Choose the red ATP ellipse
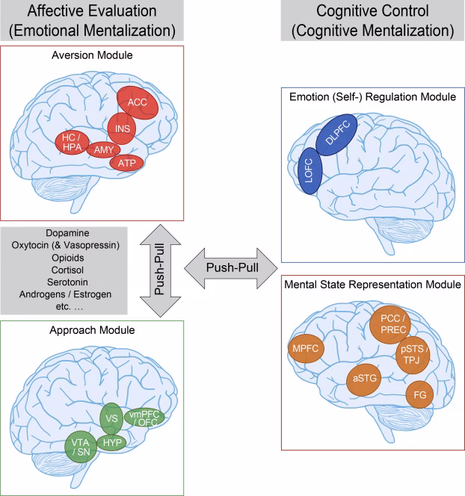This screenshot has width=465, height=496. point(126,162)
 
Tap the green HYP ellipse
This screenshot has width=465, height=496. point(117,441)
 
